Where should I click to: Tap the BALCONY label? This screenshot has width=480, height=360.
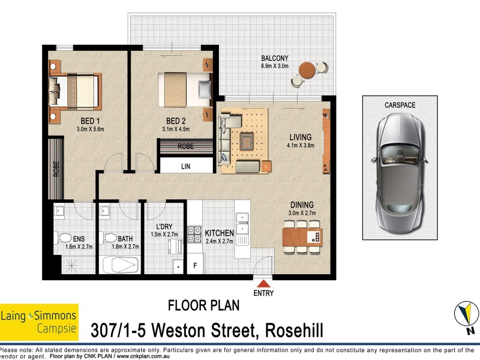click(x=275, y=58)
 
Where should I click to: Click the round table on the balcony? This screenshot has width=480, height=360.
click(x=308, y=70)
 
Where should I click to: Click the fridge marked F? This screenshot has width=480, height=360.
click(x=194, y=265)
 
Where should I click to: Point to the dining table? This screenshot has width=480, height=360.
click(x=302, y=236)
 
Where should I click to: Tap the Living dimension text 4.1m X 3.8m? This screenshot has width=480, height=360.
click(x=301, y=145)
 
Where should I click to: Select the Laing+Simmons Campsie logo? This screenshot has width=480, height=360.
click(x=39, y=322)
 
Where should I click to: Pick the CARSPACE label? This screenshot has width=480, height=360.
click(x=400, y=105)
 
